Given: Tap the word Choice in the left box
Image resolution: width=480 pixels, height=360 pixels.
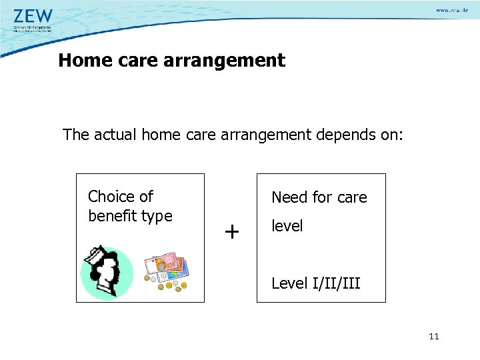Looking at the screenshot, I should [x=109, y=197].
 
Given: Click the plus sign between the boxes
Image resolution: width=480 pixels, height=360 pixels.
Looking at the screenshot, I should [x=231, y=232].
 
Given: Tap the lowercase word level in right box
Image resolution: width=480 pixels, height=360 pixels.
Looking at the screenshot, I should [x=287, y=226].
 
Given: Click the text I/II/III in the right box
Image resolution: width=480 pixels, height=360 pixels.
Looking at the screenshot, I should [x=336, y=283].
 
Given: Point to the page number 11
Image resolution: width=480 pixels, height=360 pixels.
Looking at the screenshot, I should [x=434, y=337].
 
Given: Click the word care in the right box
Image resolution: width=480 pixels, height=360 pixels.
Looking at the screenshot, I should [x=351, y=197].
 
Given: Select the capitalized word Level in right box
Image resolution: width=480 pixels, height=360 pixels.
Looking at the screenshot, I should [x=289, y=283].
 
